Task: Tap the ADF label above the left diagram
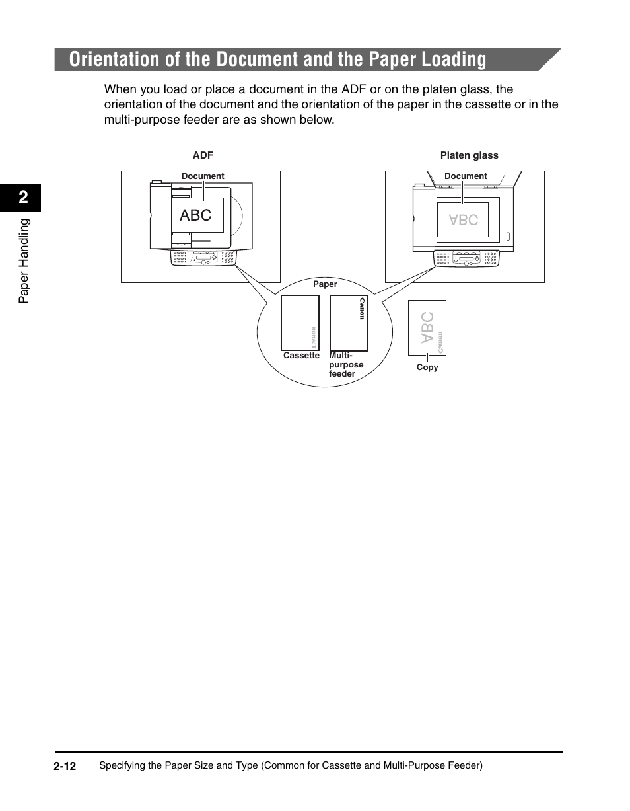click(x=203, y=155)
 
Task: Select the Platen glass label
click(x=469, y=155)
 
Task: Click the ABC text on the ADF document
click(x=195, y=215)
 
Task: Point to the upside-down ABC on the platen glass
click(x=463, y=219)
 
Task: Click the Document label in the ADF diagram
click(x=203, y=176)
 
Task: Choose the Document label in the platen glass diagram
click(x=466, y=176)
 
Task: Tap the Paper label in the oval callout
click(x=325, y=284)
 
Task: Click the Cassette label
click(x=301, y=356)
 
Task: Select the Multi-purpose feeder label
click(x=345, y=365)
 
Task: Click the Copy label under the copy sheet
click(x=427, y=367)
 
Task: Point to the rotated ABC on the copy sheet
click(x=427, y=327)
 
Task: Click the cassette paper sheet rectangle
click(x=300, y=322)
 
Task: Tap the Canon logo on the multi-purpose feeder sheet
click(x=361, y=309)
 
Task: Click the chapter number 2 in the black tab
click(x=23, y=198)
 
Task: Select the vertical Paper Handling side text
click(x=24, y=261)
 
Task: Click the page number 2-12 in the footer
click(x=65, y=766)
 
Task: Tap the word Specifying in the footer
click(x=121, y=766)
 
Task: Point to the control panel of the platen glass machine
click(x=465, y=258)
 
